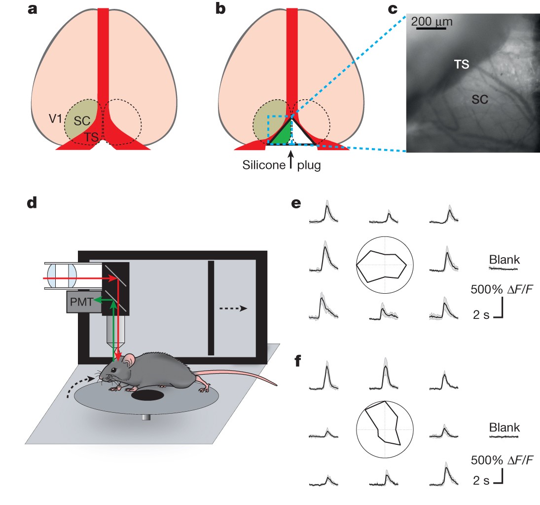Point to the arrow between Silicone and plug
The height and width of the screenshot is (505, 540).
pyautogui.click(x=291, y=159)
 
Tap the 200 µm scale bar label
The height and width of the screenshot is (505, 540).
pyautogui.click(x=432, y=22)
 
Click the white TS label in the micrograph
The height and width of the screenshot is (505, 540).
pyautogui.click(x=462, y=64)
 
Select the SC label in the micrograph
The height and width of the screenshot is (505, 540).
pyautogui.click(x=479, y=99)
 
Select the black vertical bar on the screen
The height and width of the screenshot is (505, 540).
pyautogui.click(x=211, y=308)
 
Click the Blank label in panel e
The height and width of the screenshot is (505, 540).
pyautogui.click(x=503, y=259)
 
